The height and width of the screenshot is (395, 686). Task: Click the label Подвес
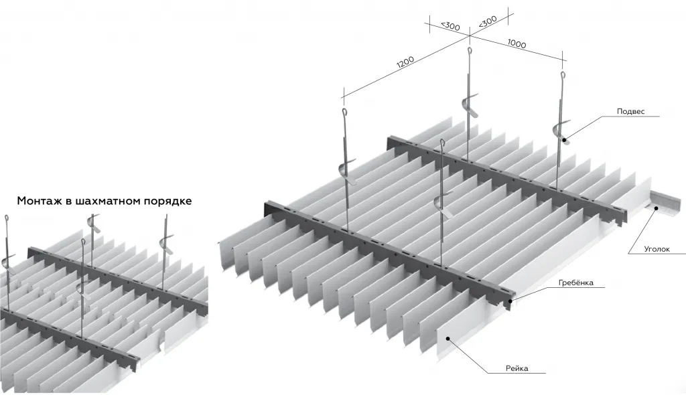(x=631, y=112)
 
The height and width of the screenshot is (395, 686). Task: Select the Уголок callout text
(x=657, y=249)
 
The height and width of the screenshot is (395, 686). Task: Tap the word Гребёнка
(x=576, y=283)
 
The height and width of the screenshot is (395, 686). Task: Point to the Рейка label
(x=517, y=368)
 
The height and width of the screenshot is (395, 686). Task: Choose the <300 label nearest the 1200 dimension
(x=450, y=26)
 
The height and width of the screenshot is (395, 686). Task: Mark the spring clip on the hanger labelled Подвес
(x=557, y=131)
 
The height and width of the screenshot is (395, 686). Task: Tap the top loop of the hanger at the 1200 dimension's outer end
(x=344, y=112)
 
